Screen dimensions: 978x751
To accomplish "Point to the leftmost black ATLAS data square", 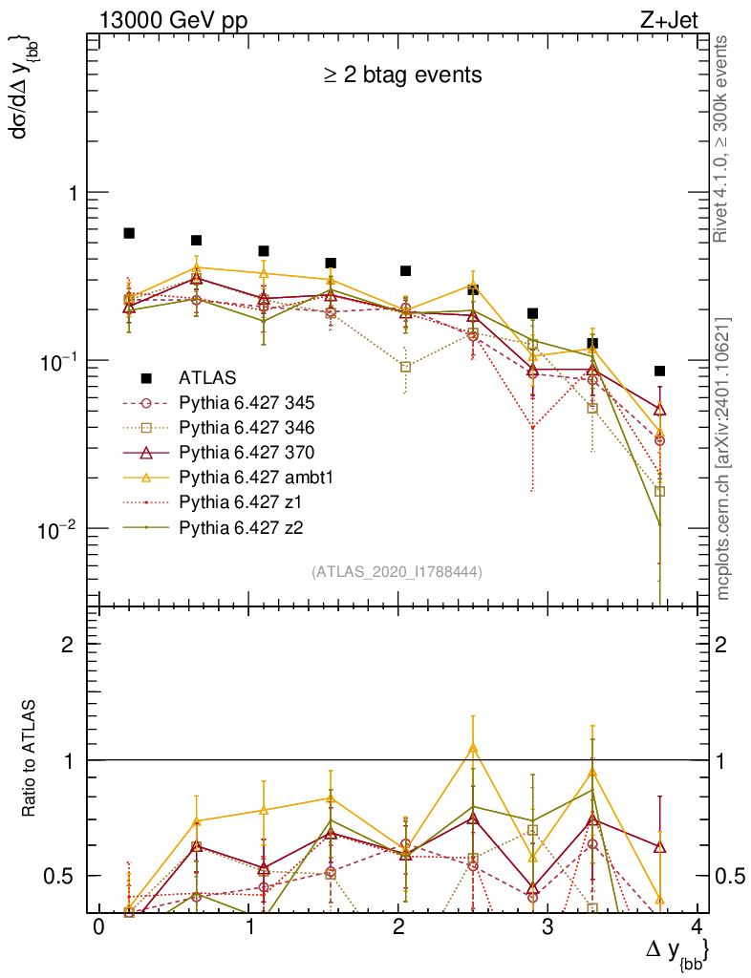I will [129, 233].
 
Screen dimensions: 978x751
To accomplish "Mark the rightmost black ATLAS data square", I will [659, 371].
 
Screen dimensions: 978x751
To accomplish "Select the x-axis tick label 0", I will [98, 929].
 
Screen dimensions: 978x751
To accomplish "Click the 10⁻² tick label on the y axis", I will [62, 528].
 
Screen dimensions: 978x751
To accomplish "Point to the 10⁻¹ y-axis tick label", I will [62, 360].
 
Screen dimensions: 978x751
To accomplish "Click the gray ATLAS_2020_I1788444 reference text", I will [397, 571].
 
